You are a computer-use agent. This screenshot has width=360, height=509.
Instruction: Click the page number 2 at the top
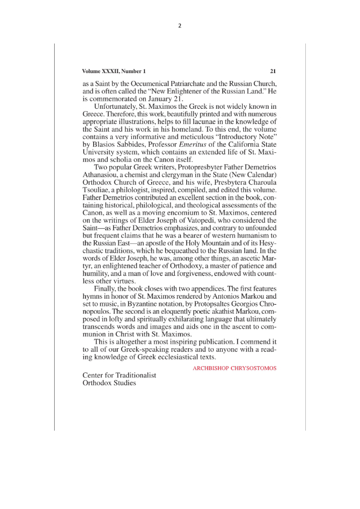pos(180,25)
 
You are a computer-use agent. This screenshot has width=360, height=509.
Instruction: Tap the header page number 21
pos(273,71)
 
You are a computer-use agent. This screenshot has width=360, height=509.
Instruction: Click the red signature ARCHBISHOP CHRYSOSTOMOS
pos(234,368)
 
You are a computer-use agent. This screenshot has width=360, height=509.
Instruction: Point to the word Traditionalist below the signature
pos(135,376)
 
